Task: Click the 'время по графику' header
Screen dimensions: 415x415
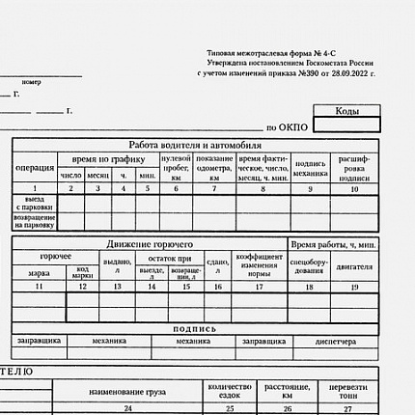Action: click(108, 158)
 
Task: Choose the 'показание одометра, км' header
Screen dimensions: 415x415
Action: click(214, 167)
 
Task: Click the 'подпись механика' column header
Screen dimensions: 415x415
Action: click(310, 168)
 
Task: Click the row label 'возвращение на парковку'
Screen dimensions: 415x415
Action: click(35, 221)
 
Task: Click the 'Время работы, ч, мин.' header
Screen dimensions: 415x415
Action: click(333, 244)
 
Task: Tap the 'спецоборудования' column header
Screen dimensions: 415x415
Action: click(309, 265)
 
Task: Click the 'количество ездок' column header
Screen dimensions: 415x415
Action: click(230, 390)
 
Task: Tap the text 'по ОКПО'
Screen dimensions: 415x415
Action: click(286, 126)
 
